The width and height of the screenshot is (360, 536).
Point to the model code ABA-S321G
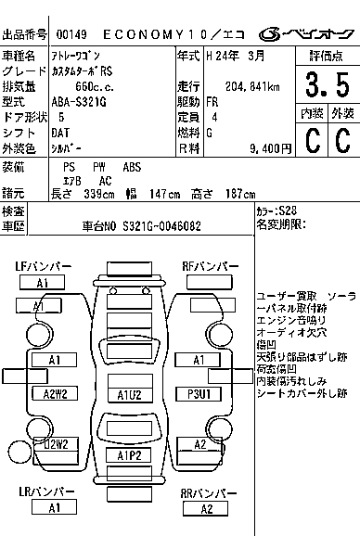[80, 102]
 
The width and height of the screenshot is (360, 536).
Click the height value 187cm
[238, 194]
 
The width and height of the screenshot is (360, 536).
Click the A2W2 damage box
[55, 393]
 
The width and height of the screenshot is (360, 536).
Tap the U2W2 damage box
[55, 445]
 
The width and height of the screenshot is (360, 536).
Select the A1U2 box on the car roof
[130, 394]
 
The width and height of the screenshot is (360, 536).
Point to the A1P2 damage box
[130, 455]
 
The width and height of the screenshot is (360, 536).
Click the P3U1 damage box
[199, 393]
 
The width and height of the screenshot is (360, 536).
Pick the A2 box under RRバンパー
[207, 508]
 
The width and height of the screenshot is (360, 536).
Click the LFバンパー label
[44, 266]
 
